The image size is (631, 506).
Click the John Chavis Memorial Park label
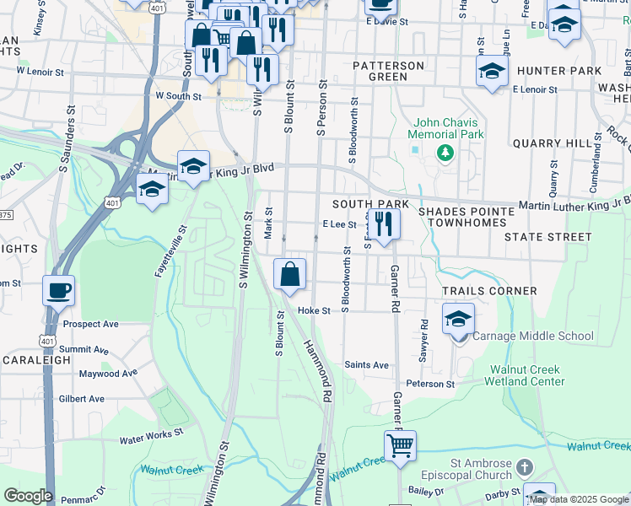click(446, 127)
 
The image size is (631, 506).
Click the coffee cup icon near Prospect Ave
click(58, 291)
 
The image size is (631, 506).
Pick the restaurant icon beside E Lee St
click(384, 224)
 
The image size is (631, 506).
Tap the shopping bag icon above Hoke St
click(289, 274)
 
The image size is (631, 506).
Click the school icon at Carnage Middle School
click(458, 320)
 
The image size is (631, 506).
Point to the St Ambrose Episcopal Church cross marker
click(524, 466)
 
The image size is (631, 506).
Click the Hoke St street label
click(312, 310)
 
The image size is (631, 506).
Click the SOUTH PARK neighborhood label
click(370, 205)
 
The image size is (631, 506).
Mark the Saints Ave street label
click(366, 365)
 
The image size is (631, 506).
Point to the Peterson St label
click(430, 384)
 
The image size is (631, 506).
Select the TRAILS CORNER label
click(490, 291)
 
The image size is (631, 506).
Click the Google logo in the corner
click(28, 496)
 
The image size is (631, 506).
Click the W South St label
click(178, 97)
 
